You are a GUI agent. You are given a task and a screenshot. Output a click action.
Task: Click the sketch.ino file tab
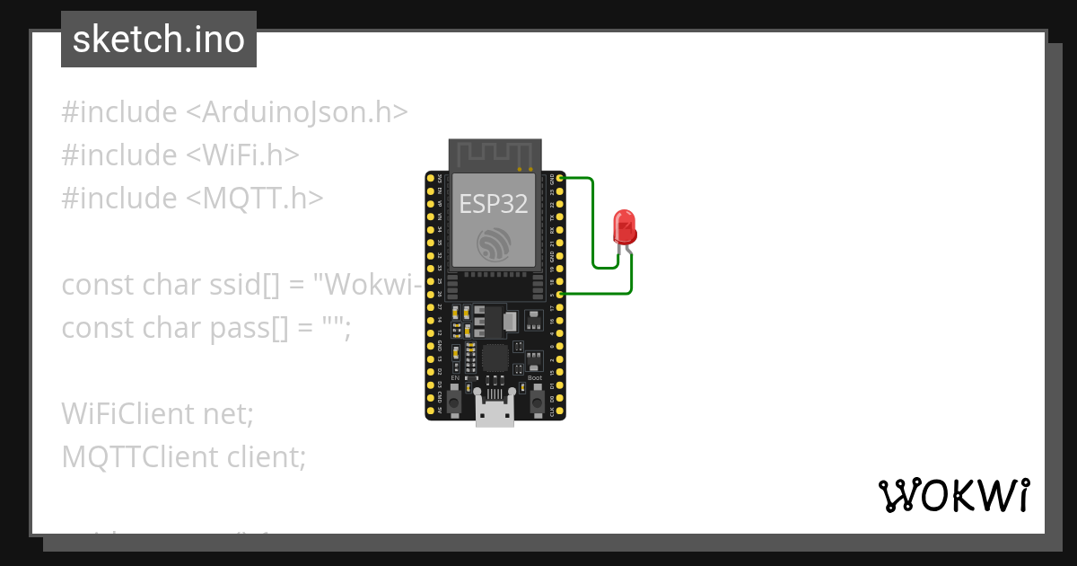click(159, 40)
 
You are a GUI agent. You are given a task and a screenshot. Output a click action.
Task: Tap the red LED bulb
click(624, 226)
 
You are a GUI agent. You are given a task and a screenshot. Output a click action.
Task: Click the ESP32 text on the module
click(494, 204)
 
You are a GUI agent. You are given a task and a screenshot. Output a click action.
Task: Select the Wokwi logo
click(953, 495)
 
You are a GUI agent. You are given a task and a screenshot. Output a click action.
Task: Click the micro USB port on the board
click(495, 414)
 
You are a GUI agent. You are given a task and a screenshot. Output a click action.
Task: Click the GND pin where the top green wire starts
click(561, 179)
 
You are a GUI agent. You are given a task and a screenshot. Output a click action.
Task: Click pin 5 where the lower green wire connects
click(561, 294)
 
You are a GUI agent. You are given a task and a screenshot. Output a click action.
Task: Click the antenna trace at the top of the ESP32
click(495, 154)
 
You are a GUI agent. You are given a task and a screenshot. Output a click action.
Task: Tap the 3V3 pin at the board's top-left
click(430, 179)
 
